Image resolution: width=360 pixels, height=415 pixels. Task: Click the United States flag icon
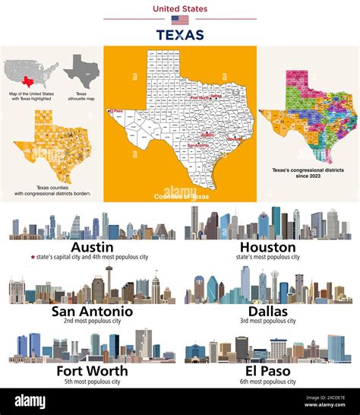pos(180,21)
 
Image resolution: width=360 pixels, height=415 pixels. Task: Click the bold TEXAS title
pos(180,35)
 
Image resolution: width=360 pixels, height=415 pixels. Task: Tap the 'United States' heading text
pos(180,9)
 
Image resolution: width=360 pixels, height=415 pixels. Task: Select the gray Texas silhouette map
pos(81,71)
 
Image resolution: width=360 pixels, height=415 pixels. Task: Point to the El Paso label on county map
pos(117,110)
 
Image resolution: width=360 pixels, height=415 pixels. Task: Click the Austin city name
pos(92,247)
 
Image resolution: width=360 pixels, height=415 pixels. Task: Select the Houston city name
pos(267,247)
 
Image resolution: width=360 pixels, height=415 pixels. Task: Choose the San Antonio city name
pos(92,312)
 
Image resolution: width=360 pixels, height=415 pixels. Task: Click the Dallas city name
pos(267,312)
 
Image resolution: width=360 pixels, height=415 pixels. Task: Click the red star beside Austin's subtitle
pos(33,258)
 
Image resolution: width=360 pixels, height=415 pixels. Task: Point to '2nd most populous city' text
pos(92,322)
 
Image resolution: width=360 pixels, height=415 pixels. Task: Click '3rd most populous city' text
pos(267,322)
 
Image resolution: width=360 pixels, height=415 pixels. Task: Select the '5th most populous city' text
pos(92,382)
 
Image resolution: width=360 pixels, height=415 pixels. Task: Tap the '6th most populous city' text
pos(267,382)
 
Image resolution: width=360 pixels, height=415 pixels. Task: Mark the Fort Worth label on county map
pos(202,97)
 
